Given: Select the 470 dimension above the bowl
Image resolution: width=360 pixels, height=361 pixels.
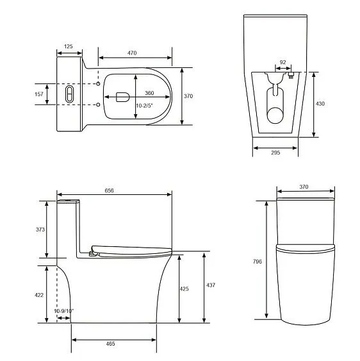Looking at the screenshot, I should click(132, 53).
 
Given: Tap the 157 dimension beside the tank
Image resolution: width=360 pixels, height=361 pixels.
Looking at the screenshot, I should click(39, 94).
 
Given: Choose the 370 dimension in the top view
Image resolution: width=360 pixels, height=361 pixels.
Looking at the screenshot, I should click(188, 96).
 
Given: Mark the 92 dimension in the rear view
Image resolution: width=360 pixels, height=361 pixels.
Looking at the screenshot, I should click(282, 63).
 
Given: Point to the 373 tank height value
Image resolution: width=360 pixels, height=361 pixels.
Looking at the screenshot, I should click(40, 230).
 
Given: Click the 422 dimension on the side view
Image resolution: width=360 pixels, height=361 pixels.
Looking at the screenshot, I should click(40, 294).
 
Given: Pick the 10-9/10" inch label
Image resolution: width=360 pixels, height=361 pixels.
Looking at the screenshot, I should click(63, 311).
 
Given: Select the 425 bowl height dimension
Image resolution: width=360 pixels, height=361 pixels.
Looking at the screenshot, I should click(184, 289).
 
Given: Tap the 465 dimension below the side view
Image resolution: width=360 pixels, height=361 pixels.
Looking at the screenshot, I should click(110, 344).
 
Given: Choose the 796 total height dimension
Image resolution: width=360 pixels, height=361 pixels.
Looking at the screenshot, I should click(258, 261).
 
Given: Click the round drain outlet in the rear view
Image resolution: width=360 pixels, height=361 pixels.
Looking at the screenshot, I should click(275, 115).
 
